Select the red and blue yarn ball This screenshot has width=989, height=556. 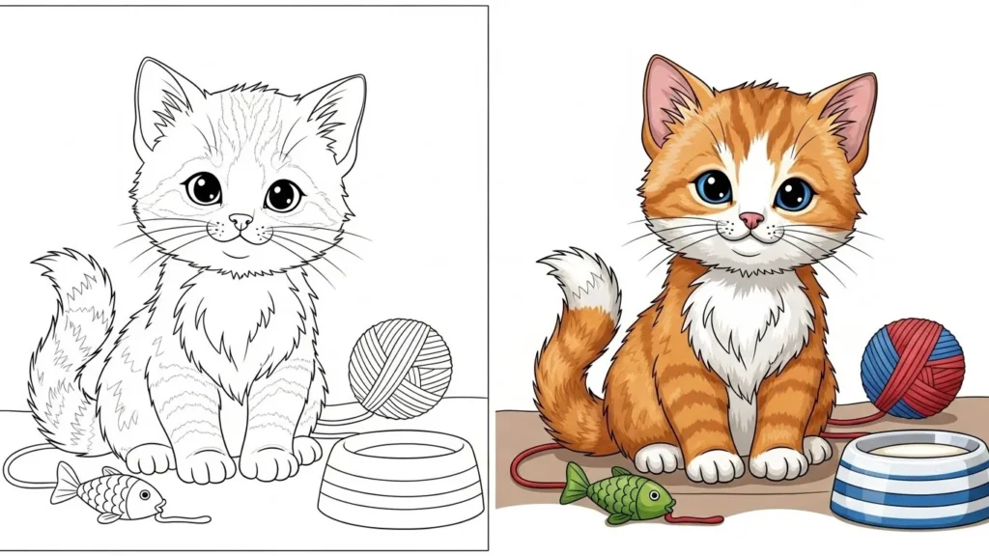912,368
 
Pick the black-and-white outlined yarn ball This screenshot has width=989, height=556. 400,369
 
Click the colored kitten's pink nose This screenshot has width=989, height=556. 750,221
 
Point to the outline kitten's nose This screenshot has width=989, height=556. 240,221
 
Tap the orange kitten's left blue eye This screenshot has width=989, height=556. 714,187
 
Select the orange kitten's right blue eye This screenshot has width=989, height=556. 793,194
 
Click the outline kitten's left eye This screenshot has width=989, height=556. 203,187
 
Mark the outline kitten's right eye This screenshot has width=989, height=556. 283,194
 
